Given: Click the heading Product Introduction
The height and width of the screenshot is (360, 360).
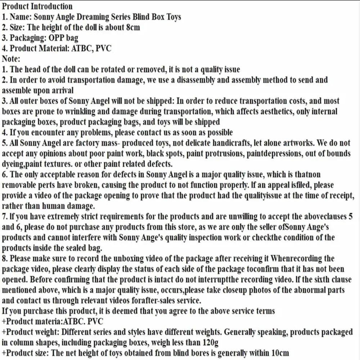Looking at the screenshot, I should tap(37, 6).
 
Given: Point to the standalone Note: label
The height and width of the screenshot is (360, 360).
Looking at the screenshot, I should tap(11, 58).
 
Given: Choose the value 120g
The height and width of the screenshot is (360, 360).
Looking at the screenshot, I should tap(209, 342).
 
